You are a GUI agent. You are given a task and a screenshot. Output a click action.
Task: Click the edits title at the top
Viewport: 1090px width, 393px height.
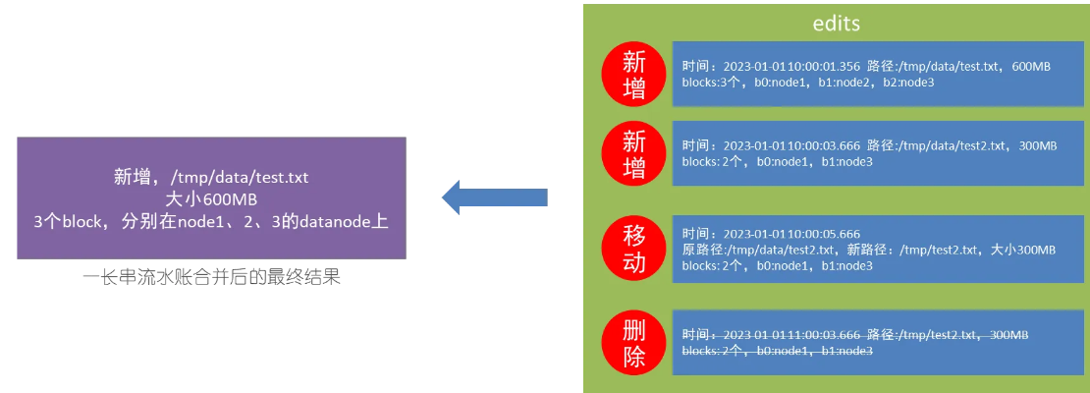point(837,25)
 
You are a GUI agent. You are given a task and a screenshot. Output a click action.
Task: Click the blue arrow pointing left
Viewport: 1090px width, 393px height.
point(494,196)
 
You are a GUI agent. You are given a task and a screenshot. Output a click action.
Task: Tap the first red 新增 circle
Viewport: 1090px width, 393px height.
point(635,76)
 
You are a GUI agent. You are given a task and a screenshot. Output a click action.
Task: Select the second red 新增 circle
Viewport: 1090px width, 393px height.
point(635,155)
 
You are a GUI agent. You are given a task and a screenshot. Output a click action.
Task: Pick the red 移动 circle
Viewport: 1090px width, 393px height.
point(635,250)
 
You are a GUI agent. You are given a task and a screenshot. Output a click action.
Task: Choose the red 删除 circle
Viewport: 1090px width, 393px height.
point(635,343)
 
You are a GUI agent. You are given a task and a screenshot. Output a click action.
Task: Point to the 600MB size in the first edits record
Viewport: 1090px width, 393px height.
point(1031,66)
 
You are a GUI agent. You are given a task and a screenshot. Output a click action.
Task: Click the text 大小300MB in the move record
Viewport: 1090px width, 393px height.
point(1023,250)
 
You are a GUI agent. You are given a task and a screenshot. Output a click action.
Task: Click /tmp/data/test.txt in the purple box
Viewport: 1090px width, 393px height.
point(240,177)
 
